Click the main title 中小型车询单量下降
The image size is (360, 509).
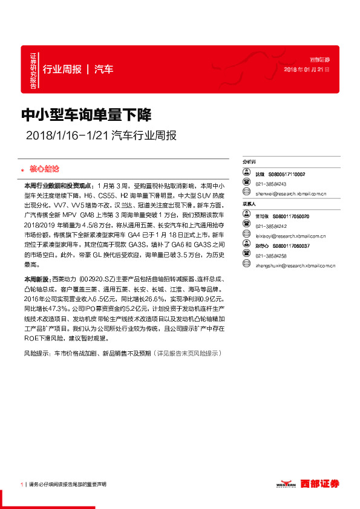(x=87, y=114)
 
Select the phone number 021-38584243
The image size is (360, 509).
(x=270, y=184)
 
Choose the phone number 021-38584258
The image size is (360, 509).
(x=270, y=256)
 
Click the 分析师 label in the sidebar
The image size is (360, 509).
(x=250, y=162)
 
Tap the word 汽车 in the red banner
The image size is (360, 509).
(x=104, y=69)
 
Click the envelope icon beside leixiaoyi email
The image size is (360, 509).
(x=247, y=236)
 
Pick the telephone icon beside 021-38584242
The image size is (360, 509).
(x=247, y=226)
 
